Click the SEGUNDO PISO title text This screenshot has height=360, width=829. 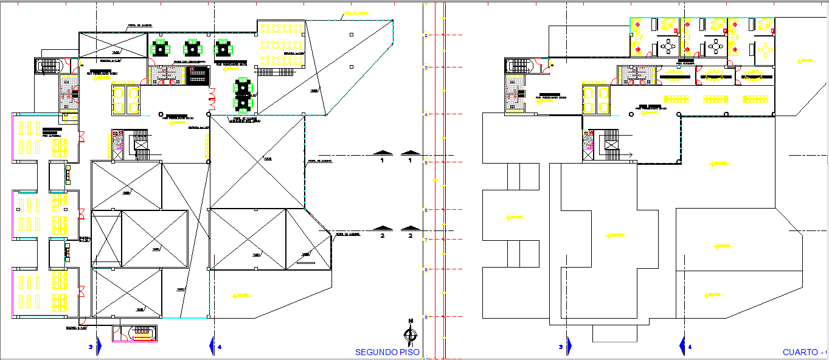(x=387, y=352)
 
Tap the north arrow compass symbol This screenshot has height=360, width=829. (x=411, y=333)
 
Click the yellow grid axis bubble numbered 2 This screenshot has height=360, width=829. (x=427, y=36)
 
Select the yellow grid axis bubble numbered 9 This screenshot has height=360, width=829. (x=427, y=317)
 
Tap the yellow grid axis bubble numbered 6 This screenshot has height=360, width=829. (x=427, y=210)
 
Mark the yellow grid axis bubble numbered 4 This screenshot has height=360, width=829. (x=427, y=114)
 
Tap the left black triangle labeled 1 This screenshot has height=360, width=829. (x=382, y=152)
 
